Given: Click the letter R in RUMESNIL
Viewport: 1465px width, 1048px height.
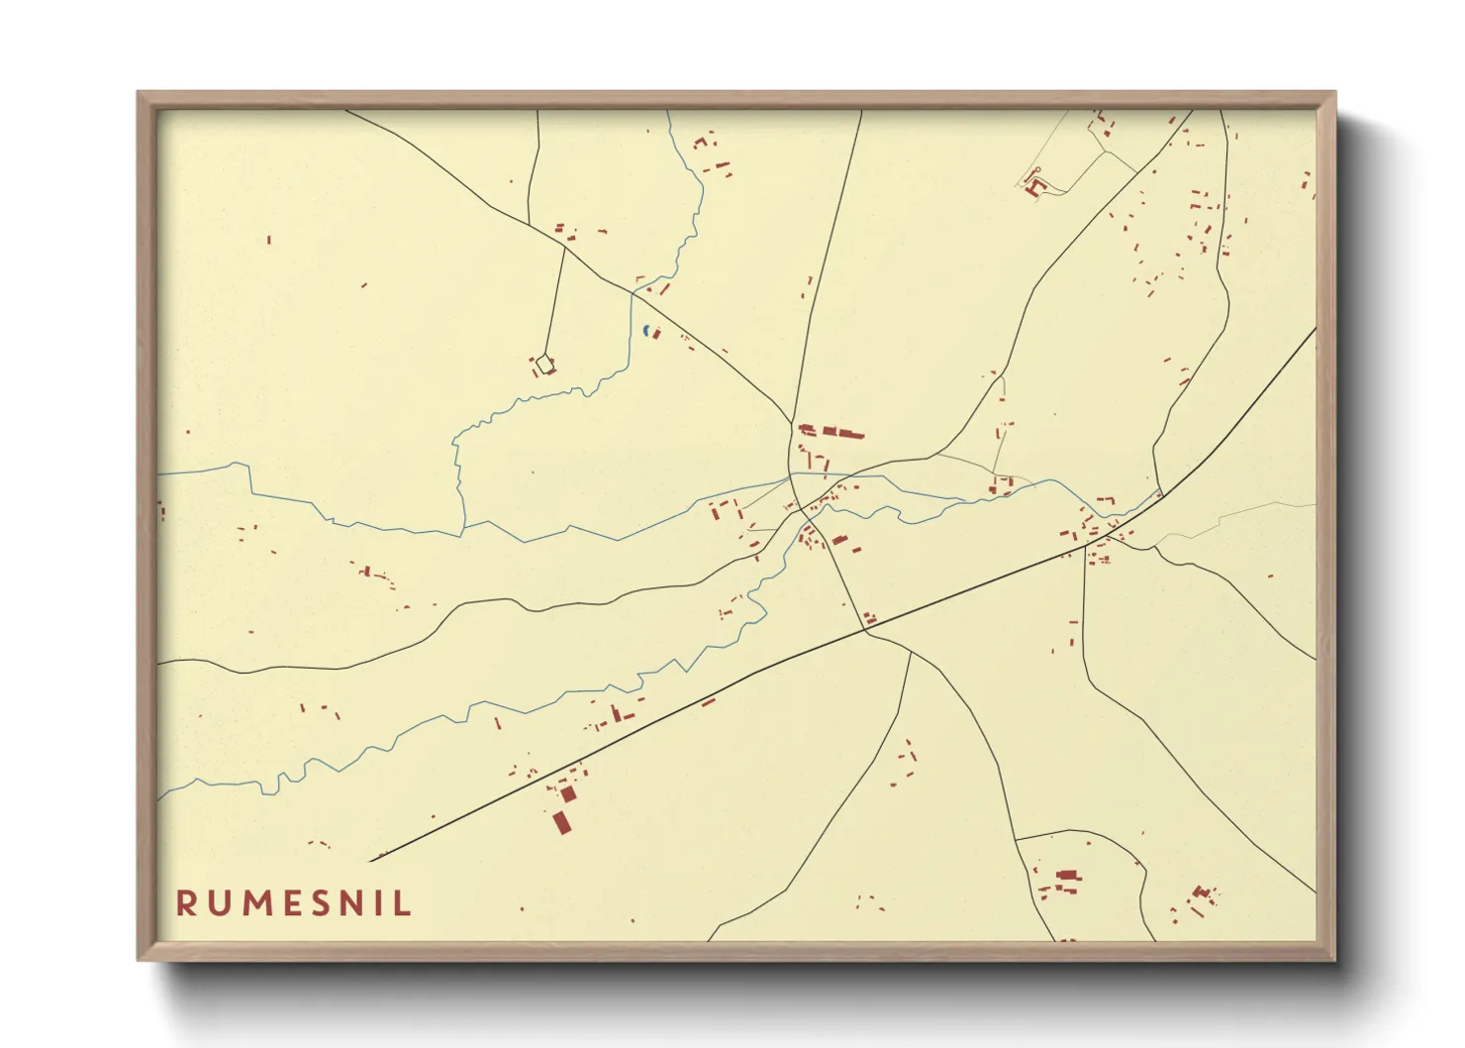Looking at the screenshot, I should [185, 903].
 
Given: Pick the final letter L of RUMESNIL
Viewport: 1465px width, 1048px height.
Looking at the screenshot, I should [402, 903].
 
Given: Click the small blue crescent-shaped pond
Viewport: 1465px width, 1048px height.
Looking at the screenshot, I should [645, 330].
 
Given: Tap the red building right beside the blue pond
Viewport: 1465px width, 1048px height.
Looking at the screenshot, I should [654, 334].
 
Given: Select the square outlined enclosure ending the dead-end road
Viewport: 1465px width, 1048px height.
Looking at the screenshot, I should [543, 365].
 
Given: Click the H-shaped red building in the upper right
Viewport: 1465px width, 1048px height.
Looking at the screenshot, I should [1035, 185].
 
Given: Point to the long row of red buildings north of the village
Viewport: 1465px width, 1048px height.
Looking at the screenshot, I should [831, 432].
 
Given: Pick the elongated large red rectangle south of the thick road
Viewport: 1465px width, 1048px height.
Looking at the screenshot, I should [561, 822].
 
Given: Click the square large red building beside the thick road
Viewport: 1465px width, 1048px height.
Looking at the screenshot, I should [567, 793].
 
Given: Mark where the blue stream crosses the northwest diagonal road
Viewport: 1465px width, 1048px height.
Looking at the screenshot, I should [634, 291].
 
